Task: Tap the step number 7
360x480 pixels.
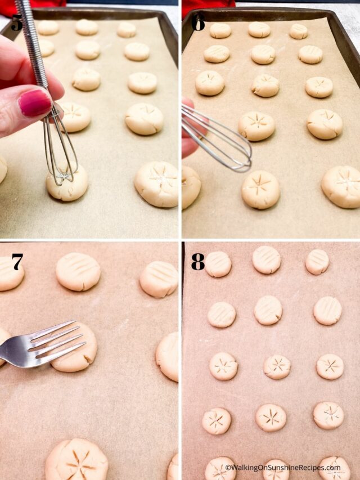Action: [x=17, y=262]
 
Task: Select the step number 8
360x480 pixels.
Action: [x=198, y=262]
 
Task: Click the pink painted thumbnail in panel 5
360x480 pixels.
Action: [x=35, y=103]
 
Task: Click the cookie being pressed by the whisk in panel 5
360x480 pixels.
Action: [x=67, y=183]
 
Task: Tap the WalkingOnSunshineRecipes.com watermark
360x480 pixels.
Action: [x=283, y=468]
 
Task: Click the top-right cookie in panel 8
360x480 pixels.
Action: [x=318, y=262]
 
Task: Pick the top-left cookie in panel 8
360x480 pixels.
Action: [x=218, y=264]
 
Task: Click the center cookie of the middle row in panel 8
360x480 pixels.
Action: [x=277, y=366]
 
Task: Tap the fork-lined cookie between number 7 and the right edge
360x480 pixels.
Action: [x=78, y=272]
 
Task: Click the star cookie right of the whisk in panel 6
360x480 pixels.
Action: [x=260, y=190]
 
